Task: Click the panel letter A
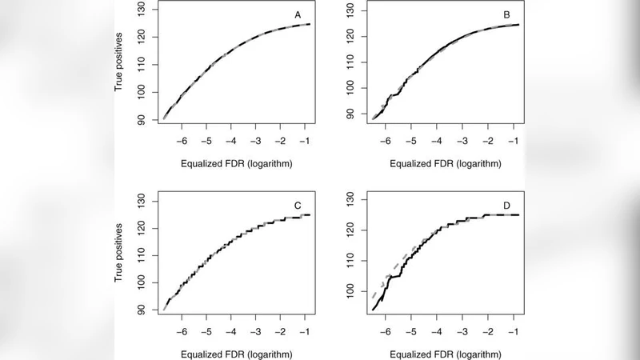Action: click(x=298, y=14)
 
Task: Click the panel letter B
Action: click(x=506, y=14)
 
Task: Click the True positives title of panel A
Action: click(x=119, y=64)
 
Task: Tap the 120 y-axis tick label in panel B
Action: click(x=350, y=37)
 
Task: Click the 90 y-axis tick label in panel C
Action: click(x=141, y=310)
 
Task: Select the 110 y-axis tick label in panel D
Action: click(x=350, y=261)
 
